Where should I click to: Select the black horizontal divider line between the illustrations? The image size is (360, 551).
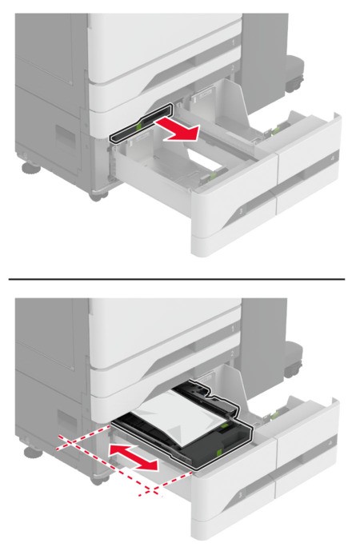click(180, 278)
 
